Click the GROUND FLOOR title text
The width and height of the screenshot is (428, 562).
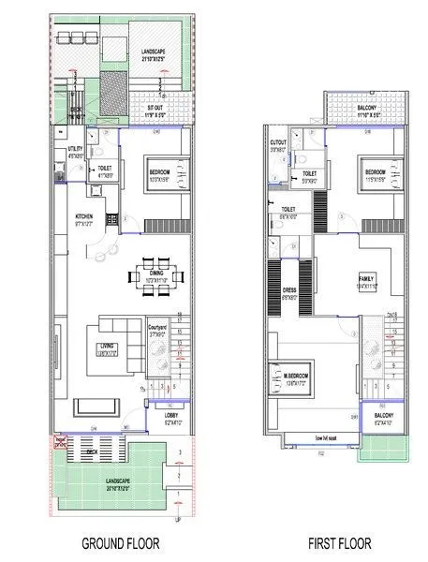[x=121, y=542]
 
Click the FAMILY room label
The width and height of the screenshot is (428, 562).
[x=365, y=280]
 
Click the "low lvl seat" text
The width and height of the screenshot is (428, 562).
[x=332, y=436]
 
